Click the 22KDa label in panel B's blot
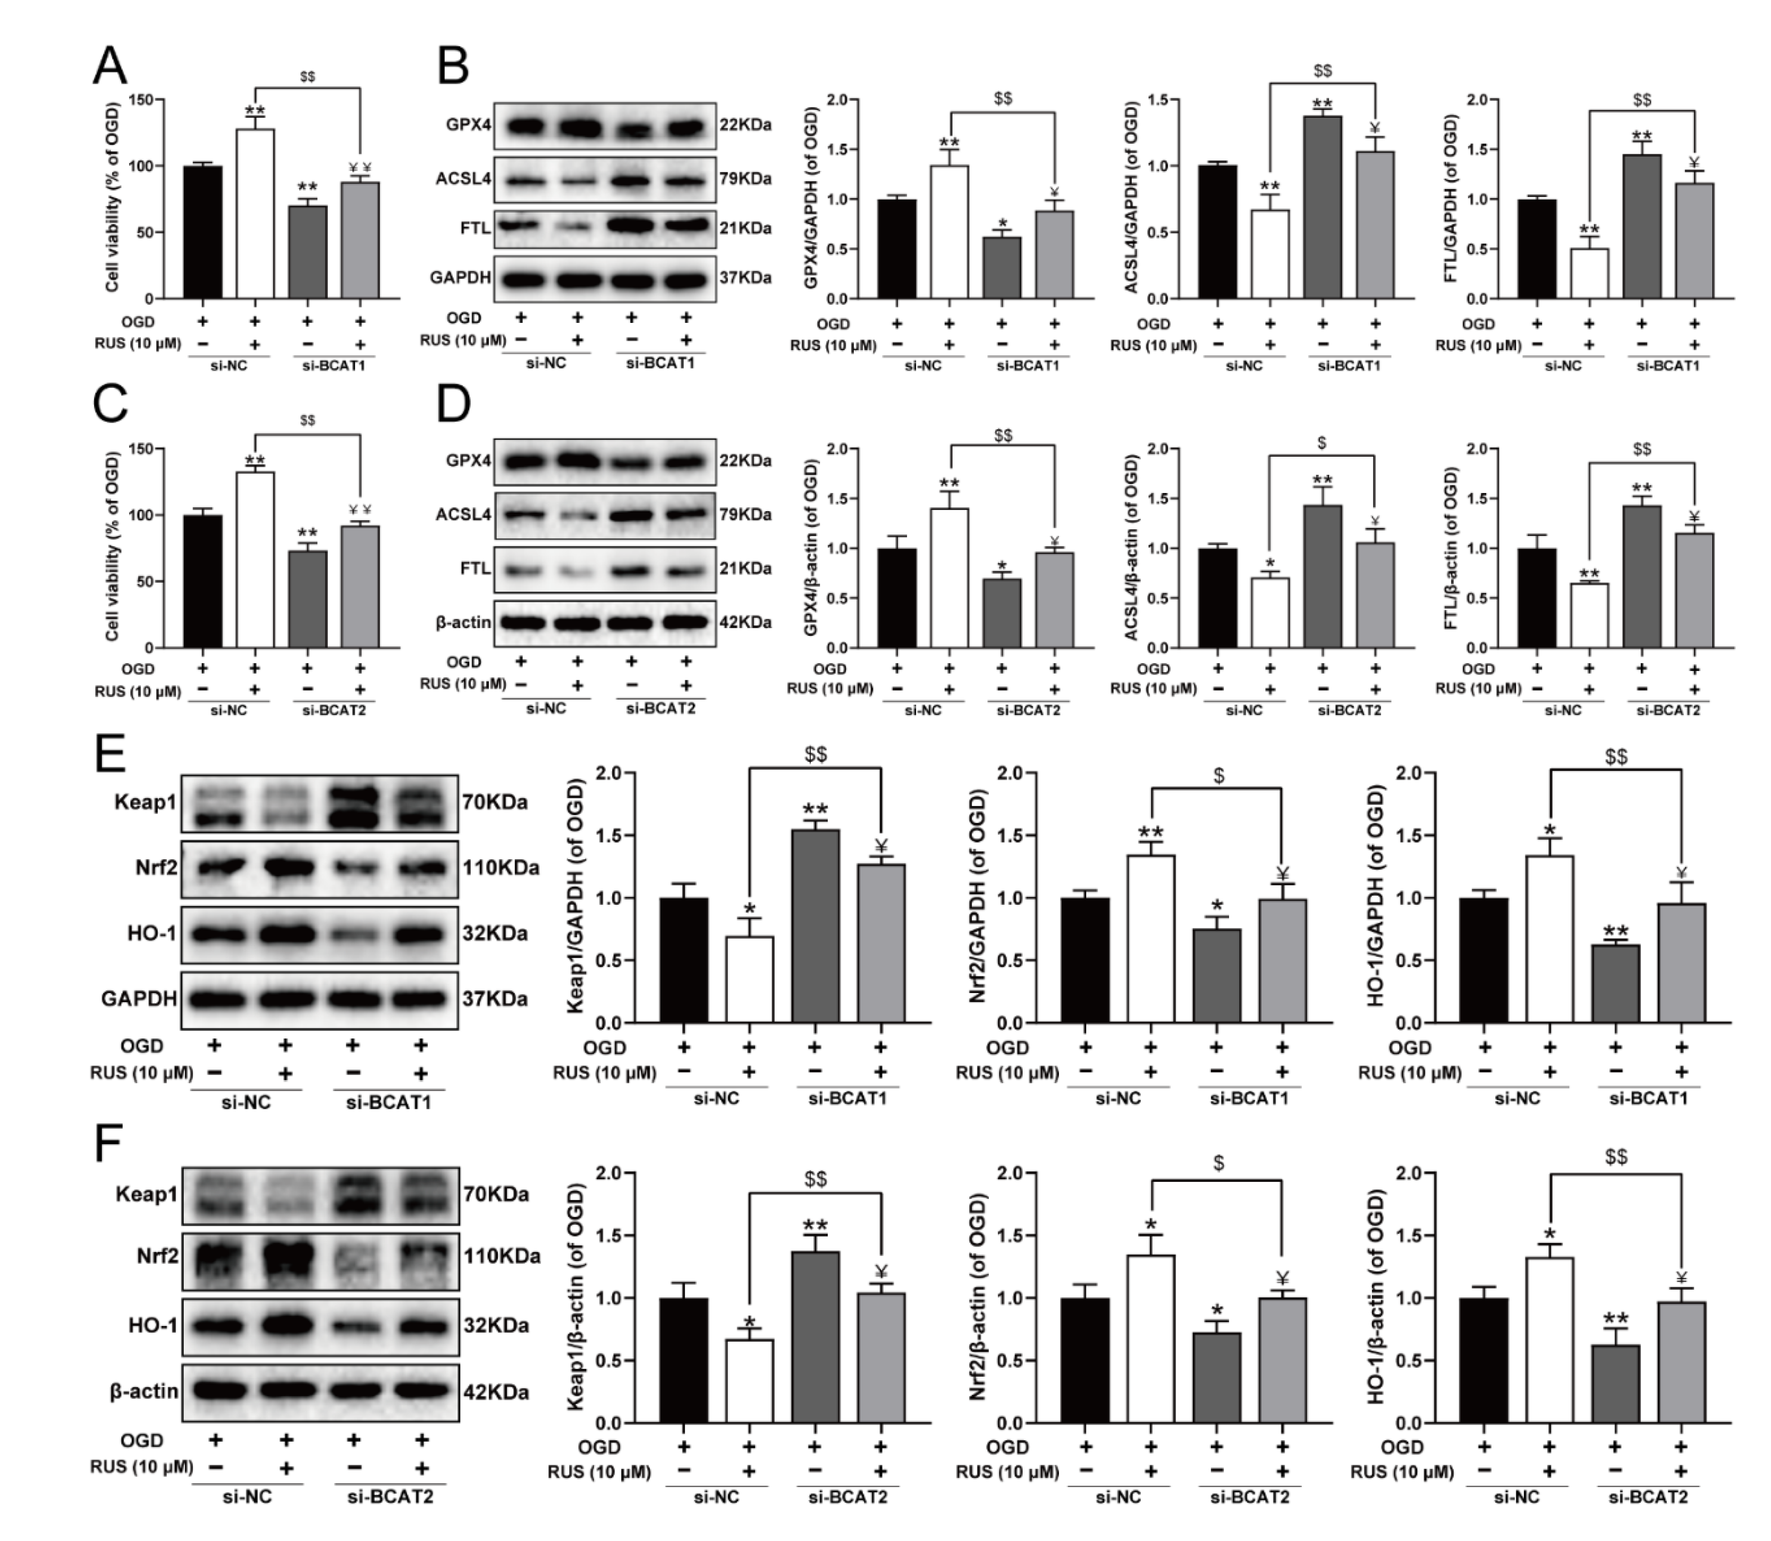point(745,125)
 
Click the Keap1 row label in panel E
point(145,803)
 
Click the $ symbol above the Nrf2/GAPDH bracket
point(1219,775)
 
